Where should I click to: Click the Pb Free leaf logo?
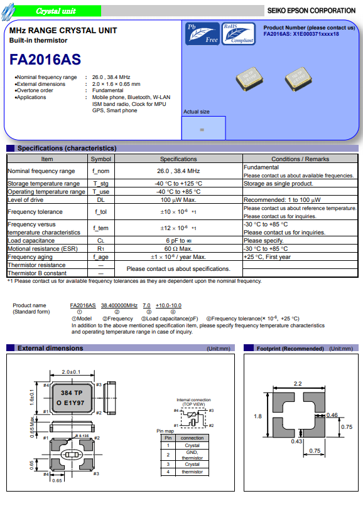click(202, 34)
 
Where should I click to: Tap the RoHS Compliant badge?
click(239, 34)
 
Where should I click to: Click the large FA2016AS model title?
click(45, 60)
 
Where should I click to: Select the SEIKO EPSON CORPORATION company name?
click(312, 11)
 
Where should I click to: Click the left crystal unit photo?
click(249, 78)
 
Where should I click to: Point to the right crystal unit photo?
click(298, 78)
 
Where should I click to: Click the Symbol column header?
click(101, 159)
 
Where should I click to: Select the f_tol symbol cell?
click(101, 212)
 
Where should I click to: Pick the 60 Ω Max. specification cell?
click(178, 249)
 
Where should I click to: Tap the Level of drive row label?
click(26, 200)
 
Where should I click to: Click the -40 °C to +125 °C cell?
click(178, 183)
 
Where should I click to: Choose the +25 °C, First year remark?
click(267, 257)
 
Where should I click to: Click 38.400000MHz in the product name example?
click(119, 305)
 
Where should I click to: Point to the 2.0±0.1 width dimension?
click(71, 372)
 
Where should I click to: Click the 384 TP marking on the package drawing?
click(72, 393)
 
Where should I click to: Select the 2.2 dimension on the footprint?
click(298, 383)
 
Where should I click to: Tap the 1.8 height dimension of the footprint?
click(257, 416)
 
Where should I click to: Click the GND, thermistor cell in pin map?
click(192, 455)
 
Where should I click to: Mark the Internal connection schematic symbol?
click(193, 418)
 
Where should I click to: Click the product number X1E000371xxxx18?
click(316, 34)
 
